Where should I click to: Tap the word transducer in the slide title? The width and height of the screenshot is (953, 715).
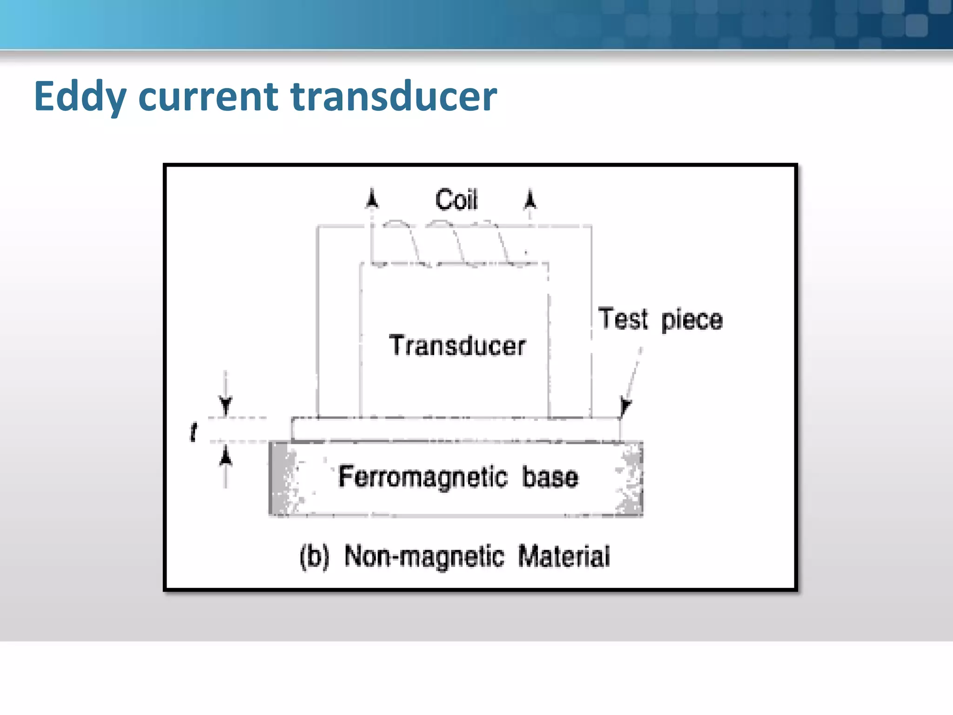click(394, 97)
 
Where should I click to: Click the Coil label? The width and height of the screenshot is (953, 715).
click(456, 200)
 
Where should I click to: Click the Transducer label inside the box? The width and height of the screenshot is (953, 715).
click(457, 346)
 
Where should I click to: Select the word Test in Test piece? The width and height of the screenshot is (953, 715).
click(623, 319)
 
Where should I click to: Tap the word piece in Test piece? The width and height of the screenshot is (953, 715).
click(691, 320)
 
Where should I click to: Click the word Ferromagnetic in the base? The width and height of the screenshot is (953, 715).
click(422, 477)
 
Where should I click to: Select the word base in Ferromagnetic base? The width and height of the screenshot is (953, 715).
click(550, 477)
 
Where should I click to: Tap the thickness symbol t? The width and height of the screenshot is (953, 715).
click(194, 432)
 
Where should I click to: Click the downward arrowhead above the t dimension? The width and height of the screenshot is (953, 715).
click(226, 405)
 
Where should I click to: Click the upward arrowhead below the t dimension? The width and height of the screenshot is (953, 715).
click(226, 456)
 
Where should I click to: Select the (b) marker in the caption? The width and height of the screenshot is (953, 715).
click(315, 556)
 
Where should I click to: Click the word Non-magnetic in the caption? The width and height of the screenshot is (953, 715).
click(424, 556)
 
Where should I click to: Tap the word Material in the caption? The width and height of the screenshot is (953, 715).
click(564, 556)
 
